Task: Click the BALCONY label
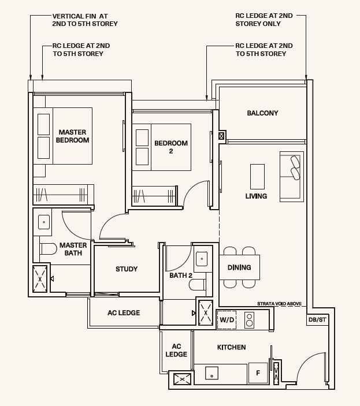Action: [262, 113]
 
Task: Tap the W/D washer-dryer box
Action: [227, 320]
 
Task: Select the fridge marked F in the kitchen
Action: [258, 373]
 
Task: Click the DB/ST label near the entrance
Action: [317, 320]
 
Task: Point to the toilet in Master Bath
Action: [48, 249]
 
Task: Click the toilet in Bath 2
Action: [198, 285]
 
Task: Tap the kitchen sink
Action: [211, 373]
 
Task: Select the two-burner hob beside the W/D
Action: [249, 320]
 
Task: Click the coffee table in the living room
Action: [258, 177]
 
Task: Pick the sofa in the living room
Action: [292, 177]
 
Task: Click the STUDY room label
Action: [127, 269]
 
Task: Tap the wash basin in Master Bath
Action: [44, 222]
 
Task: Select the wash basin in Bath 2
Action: [202, 258]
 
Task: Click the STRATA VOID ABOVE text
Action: [279, 303]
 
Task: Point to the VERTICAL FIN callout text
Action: [85, 20]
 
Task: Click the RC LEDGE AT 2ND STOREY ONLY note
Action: [264, 20]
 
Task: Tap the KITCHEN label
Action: [231, 347]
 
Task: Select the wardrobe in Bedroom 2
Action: [155, 195]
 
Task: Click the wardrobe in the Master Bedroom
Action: [64, 194]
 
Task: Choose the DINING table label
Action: [239, 267]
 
